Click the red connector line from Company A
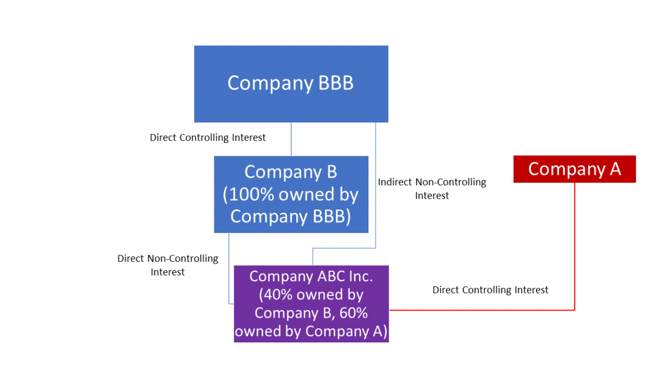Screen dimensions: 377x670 point(574,247)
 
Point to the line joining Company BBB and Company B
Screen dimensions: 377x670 point(291,139)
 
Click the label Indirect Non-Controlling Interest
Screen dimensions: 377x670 point(432,189)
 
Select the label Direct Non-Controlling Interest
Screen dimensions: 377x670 point(168,265)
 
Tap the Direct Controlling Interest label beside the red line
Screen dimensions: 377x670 point(490,290)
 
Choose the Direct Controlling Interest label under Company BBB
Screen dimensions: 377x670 point(207,138)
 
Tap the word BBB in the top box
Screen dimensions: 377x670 point(336,83)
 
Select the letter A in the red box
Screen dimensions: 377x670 point(615,169)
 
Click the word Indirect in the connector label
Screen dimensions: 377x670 point(395,182)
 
